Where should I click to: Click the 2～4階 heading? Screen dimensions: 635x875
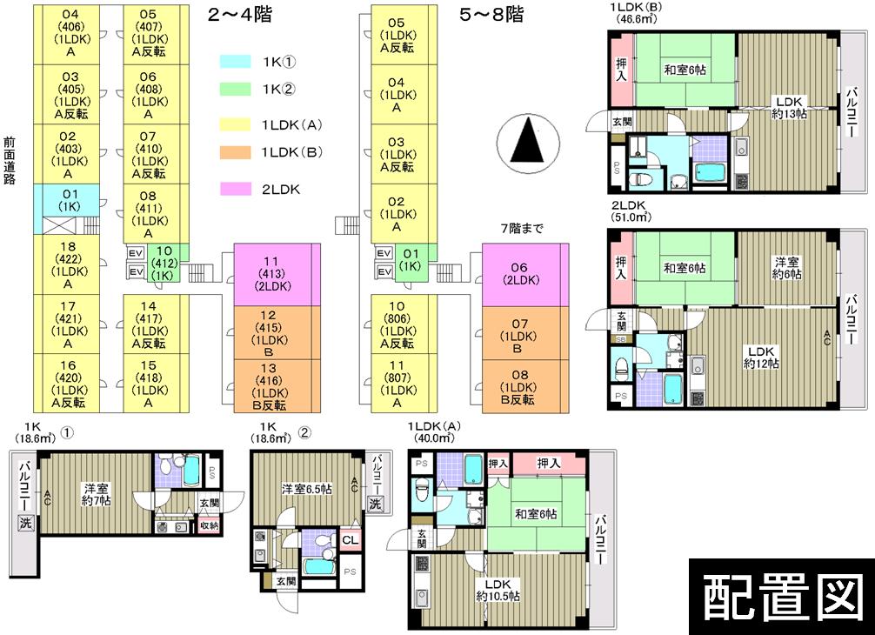[x=237, y=15]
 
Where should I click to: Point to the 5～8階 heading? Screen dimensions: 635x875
[x=491, y=15]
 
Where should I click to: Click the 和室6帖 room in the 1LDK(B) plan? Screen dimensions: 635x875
[x=685, y=70]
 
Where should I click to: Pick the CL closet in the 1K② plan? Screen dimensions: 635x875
[x=350, y=540]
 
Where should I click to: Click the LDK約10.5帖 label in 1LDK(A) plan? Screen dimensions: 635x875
[x=498, y=590]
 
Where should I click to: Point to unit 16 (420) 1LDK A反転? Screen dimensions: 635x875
[x=67, y=384]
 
